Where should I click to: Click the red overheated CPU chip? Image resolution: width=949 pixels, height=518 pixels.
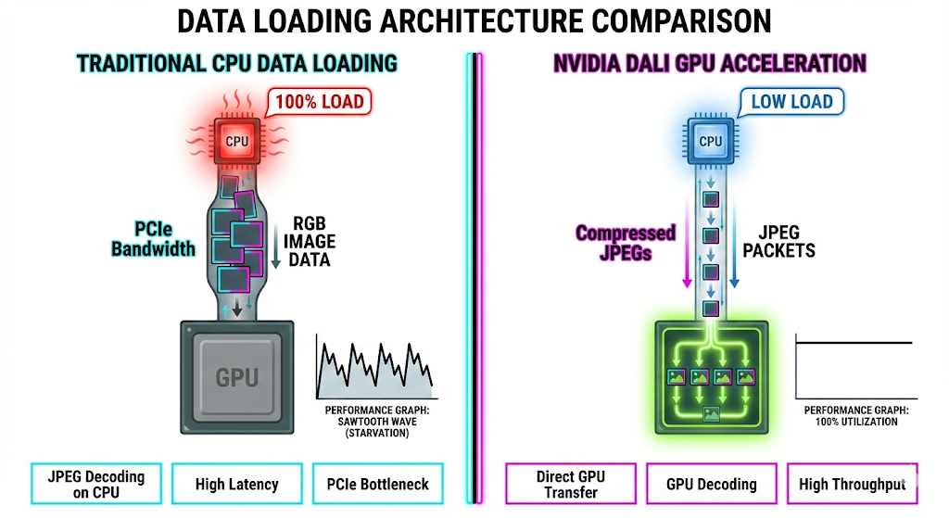238,142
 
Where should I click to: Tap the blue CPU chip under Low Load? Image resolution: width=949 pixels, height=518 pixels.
710,142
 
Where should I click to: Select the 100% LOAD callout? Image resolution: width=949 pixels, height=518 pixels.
318,101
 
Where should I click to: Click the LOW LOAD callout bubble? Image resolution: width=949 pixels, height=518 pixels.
791,101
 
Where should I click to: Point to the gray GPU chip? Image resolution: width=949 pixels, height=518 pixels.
236,376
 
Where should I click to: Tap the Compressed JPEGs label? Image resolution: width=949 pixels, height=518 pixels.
626,242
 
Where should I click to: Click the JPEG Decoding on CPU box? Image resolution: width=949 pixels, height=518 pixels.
95,485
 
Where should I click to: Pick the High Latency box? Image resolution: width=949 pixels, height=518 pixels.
236,485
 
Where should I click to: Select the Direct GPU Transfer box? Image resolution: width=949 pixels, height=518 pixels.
570,485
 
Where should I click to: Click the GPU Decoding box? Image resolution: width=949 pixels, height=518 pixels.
711,485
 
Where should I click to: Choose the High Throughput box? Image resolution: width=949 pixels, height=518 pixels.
852,485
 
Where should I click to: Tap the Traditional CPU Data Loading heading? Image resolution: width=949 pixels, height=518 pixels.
237,63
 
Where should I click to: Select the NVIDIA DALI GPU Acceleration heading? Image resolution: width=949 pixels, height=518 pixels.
710,63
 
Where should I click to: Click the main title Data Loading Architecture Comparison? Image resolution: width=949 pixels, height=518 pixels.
474,20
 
